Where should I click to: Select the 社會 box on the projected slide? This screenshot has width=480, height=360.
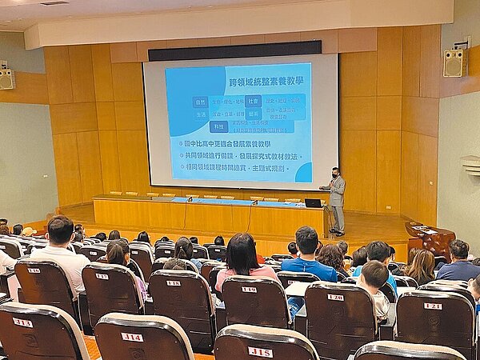point(253,102)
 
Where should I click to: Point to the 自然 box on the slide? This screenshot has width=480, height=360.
point(200,102)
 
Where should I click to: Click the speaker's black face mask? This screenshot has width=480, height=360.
point(334,174)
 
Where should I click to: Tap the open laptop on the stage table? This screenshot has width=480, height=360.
point(313,203)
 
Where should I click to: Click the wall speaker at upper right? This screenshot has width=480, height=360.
point(454,62)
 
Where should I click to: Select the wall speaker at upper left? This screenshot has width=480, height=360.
point(6,78)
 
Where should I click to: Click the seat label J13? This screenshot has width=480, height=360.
point(22,322)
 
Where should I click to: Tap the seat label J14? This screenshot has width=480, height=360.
point(132,336)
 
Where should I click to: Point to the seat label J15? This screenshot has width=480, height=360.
point(260,351)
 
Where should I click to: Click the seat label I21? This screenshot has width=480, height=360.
point(432,306)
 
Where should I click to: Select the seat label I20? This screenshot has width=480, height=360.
point(335,297)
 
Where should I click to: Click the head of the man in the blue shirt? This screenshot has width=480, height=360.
point(306,239)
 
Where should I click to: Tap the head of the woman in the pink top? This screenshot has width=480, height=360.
point(241,250)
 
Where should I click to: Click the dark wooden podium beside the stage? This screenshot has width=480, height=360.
point(430,238)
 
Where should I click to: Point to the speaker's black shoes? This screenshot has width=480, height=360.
point(338,233)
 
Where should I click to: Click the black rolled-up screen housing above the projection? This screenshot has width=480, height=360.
point(234,50)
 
